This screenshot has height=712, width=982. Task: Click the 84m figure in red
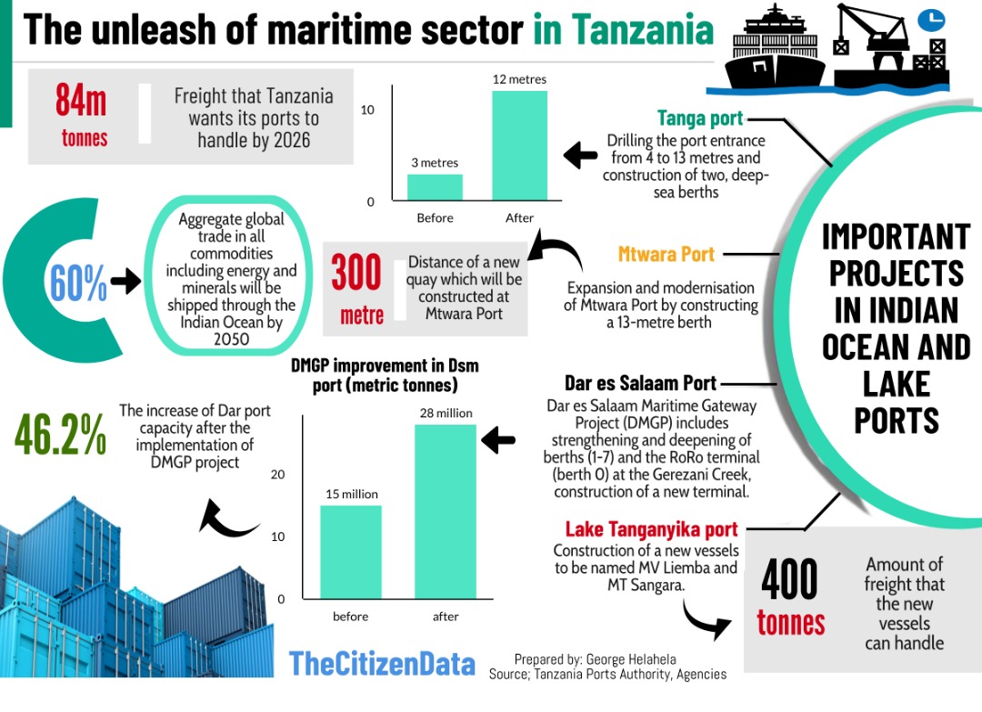[81, 99]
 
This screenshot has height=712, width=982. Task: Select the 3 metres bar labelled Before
[435, 187]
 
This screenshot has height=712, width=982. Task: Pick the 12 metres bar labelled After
[519, 145]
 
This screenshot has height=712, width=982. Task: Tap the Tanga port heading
[700, 118]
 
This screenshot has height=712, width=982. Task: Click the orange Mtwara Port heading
[666, 254]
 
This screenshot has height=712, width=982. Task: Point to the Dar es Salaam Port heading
[640, 383]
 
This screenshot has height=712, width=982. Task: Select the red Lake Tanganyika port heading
[651, 529]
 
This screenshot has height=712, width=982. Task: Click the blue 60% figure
[78, 284]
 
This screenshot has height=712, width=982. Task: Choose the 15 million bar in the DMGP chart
[350, 552]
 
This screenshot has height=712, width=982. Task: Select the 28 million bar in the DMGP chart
[446, 511]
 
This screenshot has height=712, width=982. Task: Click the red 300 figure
[356, 272]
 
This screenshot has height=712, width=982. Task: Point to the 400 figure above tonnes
[789, 580]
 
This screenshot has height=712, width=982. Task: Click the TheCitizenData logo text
[382, 664]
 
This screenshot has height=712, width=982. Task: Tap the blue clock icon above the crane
[930, 19]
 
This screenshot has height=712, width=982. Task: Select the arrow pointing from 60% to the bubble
[125, 282]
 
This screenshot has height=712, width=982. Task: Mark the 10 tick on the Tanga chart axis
[367, 109]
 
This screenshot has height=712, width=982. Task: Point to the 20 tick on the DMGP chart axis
[278, 475]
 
